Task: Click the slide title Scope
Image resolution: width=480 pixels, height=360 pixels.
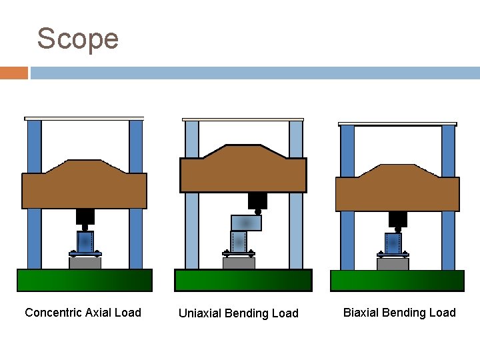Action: tap(77, 39)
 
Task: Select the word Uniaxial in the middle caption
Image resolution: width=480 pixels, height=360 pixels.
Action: tap(199, 313)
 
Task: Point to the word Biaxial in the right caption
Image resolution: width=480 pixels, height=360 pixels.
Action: tap(362, 313)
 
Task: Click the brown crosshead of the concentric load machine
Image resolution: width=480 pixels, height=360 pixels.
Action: tap(84, 187)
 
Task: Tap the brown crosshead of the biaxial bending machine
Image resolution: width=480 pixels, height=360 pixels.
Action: tap(397, 191)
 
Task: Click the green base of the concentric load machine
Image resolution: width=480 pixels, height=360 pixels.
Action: tap(84, 280)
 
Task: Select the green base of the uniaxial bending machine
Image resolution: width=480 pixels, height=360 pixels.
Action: tap(243, 280)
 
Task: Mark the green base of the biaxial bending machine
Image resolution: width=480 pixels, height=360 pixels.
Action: tap(397, 280)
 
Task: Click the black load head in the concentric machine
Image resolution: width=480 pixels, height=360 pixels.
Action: tap(85, 217)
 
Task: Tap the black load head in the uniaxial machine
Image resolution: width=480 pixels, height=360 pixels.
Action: tap(257, 200)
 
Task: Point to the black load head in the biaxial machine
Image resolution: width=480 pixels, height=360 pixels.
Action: tap(398, 219)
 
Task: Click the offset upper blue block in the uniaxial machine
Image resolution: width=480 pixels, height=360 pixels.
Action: tap(246, 223)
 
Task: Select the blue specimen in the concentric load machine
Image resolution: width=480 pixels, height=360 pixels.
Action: tap(85, 241)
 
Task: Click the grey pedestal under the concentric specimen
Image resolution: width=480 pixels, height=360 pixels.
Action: tap(85, 263)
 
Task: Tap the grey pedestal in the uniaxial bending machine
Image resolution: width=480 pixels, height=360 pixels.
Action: tap(239, 263)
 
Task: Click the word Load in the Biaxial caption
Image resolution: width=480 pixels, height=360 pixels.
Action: tap(443, 313)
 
